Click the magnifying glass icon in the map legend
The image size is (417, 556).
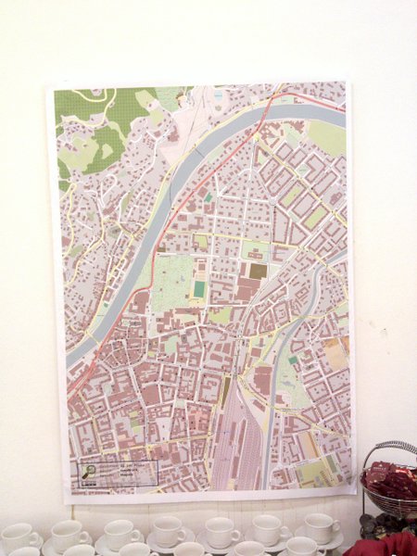point(89,473)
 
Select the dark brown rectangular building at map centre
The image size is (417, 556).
point(259,271)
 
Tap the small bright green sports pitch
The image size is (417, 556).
point(199,289)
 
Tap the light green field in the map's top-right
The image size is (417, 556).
point(326,136)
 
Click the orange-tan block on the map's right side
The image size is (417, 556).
point(335,352)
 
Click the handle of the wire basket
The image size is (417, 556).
point(389,449)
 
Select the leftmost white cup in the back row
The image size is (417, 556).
point(19,536)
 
